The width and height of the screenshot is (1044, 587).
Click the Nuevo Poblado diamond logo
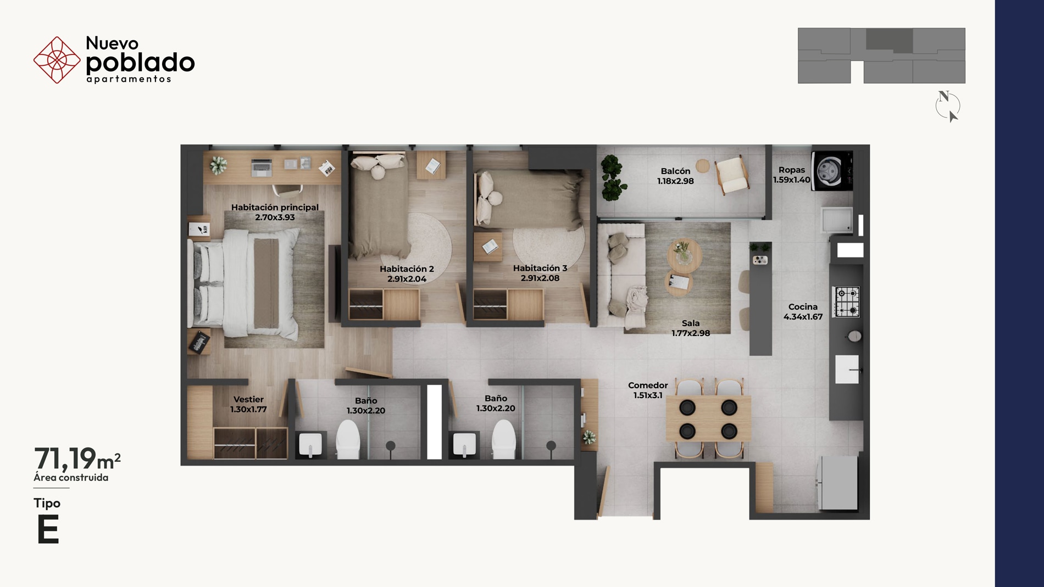pyautogui.click(x=57, y=60)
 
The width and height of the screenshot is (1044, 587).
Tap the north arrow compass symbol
pyautogui.click(x=948, y=105)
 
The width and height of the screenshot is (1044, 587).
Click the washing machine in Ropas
pyautogui.click(x=832, y=171)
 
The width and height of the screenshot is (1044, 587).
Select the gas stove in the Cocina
pyautogui.click(x=846, y=301)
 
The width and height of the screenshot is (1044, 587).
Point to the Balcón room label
pyautogui.click(x=675, y=171)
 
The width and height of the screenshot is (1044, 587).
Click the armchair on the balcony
pyautogui.click(x=732, y=175)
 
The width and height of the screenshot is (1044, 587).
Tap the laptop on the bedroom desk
pyautogui.click(x=262, y=167)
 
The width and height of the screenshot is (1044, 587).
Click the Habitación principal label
pyautogui.click(x=275, y=207)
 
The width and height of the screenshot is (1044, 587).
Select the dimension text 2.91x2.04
pyautogui.click(x=407, y=279)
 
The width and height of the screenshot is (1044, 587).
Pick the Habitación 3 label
pyautogui.click(x=540, y=268)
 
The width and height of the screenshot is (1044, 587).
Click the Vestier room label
pyautogui.click(x=248, y=399)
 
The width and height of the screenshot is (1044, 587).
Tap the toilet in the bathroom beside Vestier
pyautogui.click(x=348, y=439)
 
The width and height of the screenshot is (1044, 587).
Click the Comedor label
pyautogui.click(x=648, y=385)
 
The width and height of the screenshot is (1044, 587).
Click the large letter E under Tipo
pyautogui.click(x=48, y=530)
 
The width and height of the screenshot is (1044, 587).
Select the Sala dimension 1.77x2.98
pyautogui.click(x=691, y=333)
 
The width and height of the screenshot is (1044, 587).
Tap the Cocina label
pyautogui.click(x=803, y=307)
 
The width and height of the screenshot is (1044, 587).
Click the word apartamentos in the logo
pyautogui.click(x=129, y=79)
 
